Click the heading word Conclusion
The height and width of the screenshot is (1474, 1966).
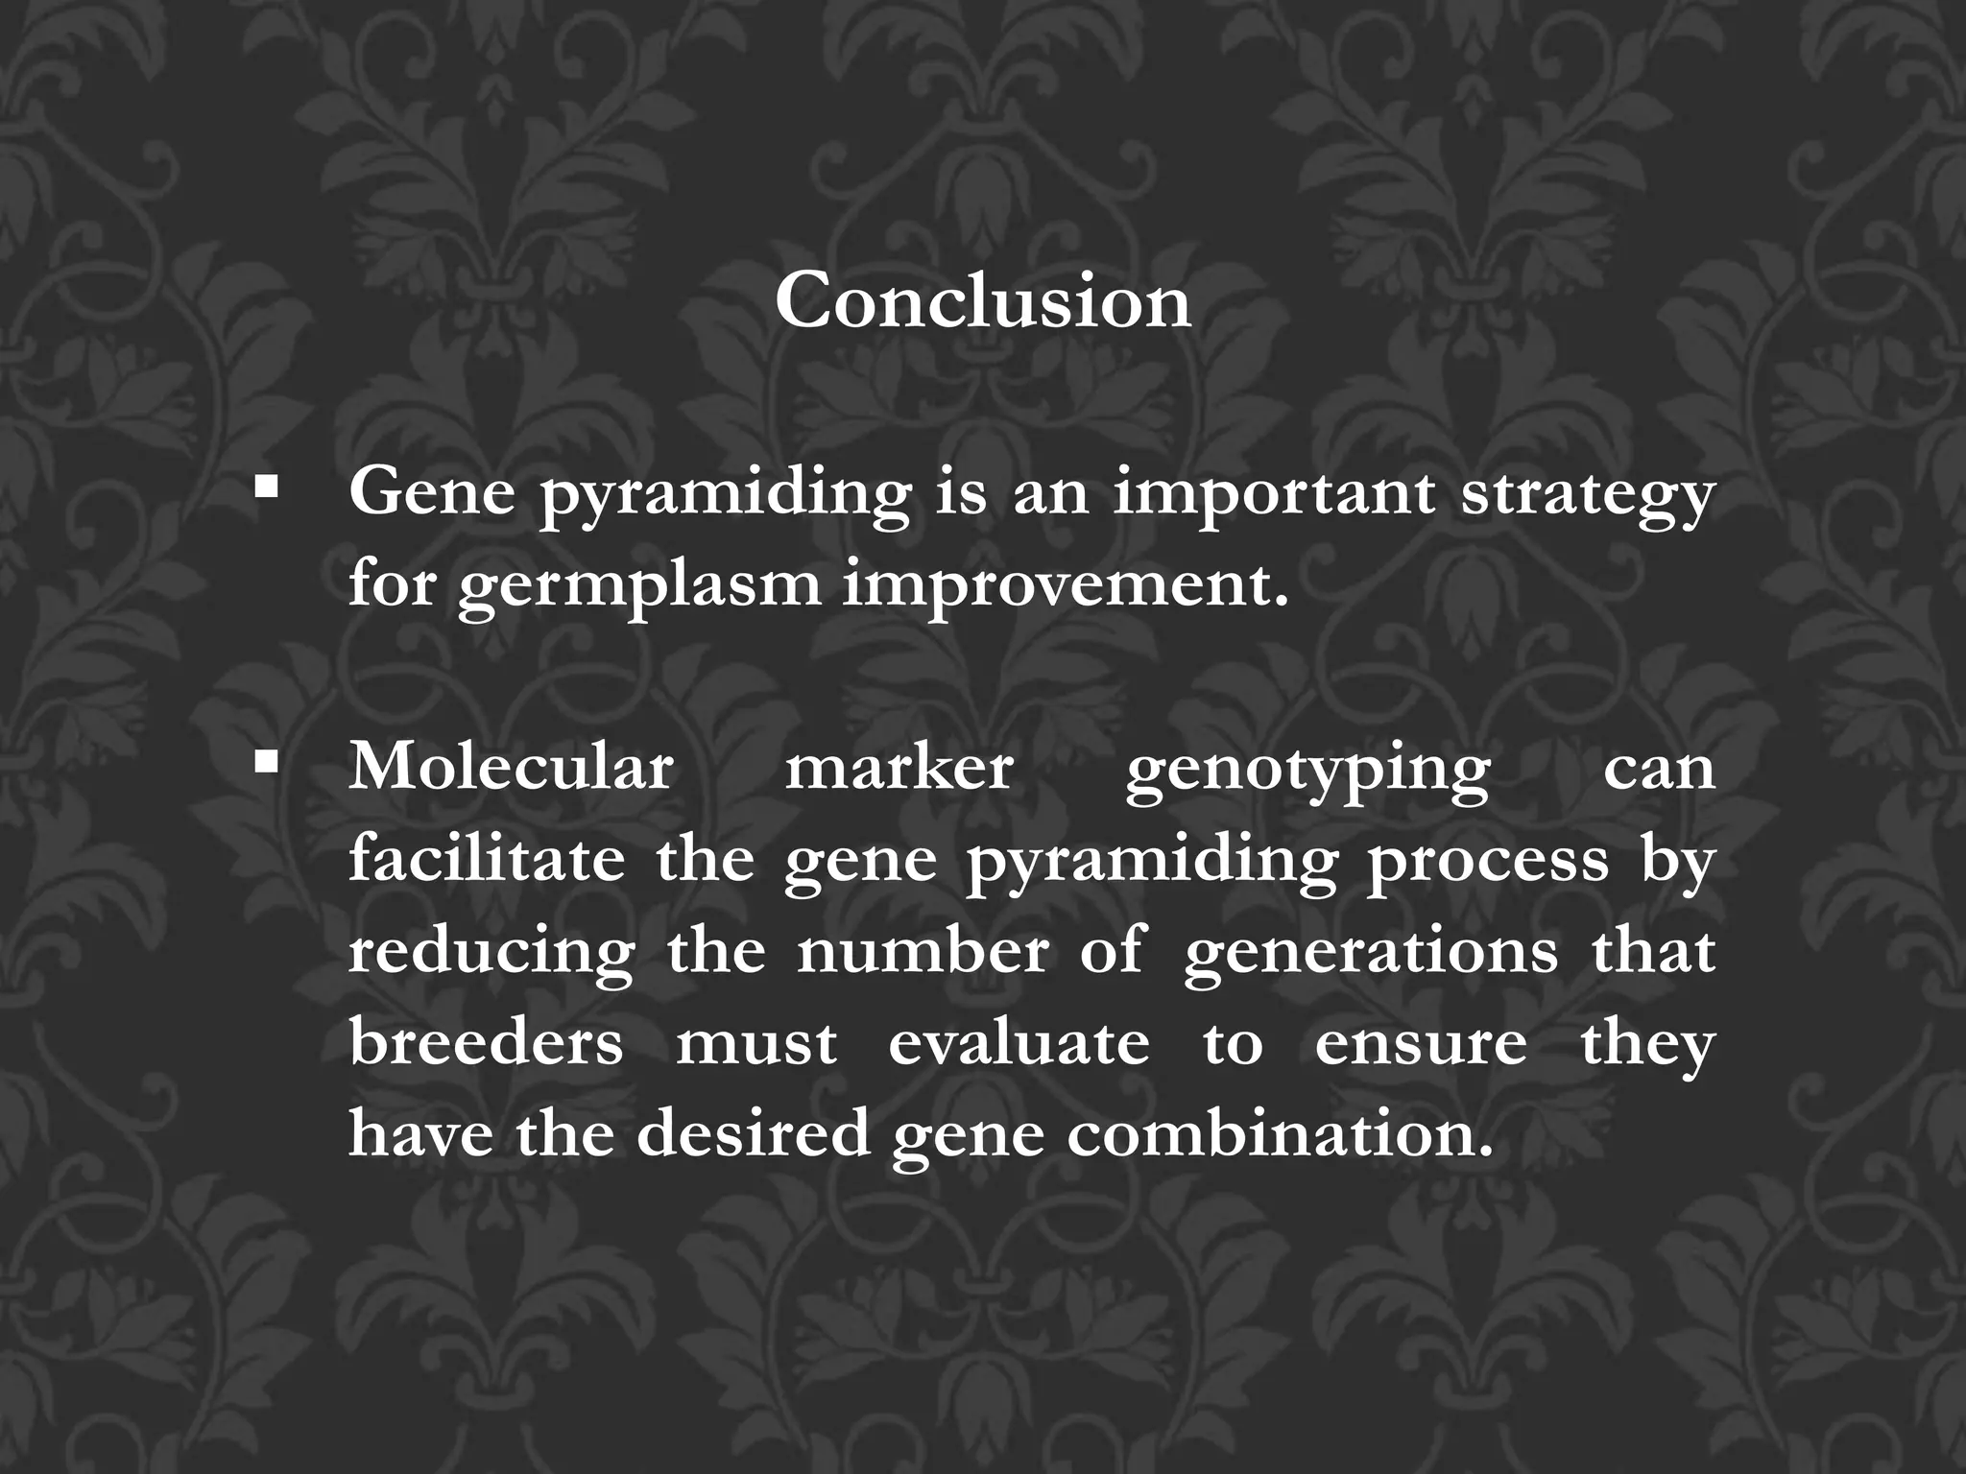[983, 301]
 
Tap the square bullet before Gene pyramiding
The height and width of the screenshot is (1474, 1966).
[267, 488]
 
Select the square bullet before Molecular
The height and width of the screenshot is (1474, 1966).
[267, 764]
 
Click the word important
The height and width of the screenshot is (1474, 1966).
[1274, 494]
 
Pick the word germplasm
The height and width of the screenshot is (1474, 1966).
[639, 586]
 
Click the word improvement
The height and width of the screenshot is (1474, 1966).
[1066, 584]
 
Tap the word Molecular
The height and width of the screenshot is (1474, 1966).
[511, 768]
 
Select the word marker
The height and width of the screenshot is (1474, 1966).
[899, 768]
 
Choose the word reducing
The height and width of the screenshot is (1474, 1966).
[491, 953]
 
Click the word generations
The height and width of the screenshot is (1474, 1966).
[1371, 953]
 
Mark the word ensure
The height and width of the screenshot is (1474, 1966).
[1421, 1044]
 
